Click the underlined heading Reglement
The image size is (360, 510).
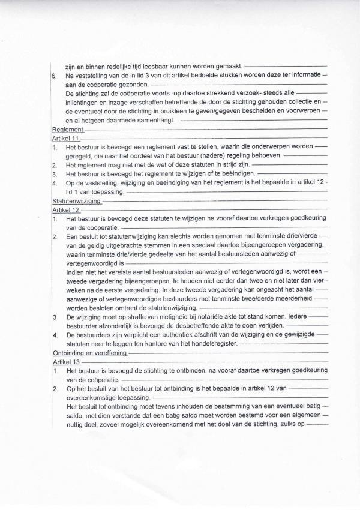click(x=67, y=130)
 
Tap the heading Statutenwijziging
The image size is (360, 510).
click(x=77, y=202)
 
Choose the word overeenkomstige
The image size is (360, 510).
click(x=95, y=398)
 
